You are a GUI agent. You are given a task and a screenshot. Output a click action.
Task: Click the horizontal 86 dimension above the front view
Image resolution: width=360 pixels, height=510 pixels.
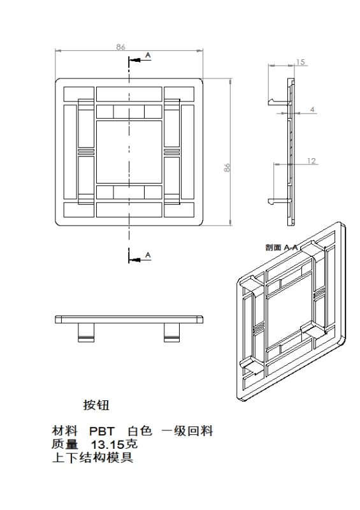point(120,47)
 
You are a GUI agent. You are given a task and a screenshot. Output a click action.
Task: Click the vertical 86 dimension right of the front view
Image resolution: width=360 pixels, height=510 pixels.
point(227,168)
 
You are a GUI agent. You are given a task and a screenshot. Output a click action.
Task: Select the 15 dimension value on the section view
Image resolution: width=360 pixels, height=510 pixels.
point(301,62)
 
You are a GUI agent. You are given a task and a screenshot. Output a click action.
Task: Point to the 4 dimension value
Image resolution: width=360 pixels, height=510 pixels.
point(312,109)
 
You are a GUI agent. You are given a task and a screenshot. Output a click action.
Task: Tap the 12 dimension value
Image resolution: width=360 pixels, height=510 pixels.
point(312,161)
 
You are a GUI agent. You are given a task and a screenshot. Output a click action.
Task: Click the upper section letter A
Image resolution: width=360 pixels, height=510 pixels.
point(148,55)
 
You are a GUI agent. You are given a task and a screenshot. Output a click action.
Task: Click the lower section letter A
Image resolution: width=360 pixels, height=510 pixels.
point(148,254)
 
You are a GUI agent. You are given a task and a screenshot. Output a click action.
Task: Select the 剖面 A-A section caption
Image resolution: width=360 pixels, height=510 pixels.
point(282,247)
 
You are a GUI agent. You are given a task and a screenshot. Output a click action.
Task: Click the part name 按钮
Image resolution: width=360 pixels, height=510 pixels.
point(96,405)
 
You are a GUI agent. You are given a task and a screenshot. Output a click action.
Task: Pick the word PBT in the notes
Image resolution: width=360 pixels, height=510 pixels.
point(102,432)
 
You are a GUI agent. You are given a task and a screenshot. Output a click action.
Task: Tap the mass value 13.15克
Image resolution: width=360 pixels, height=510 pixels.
point(114,444)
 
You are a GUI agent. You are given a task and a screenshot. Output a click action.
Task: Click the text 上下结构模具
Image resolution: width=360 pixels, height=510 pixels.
point(92,458)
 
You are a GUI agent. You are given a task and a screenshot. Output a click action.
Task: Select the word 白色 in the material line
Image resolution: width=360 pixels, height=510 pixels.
point(140,431)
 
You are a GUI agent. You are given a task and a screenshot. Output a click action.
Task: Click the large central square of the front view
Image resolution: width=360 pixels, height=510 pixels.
point(129,152)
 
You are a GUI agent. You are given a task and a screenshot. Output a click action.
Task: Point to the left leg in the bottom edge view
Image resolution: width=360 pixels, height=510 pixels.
point(86,332)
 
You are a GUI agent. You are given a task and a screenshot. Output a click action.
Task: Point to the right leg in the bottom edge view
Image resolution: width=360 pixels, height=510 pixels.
point(171,332)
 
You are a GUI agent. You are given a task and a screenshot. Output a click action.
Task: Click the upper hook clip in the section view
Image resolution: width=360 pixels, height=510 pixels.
point(279,102)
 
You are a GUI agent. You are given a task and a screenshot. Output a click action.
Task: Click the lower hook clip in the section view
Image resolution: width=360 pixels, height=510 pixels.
point(279,201)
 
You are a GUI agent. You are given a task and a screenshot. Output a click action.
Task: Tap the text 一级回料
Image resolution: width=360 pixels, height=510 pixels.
point(187,431)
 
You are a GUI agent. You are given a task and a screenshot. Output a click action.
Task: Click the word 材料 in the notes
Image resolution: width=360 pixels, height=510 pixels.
point(65,431)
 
